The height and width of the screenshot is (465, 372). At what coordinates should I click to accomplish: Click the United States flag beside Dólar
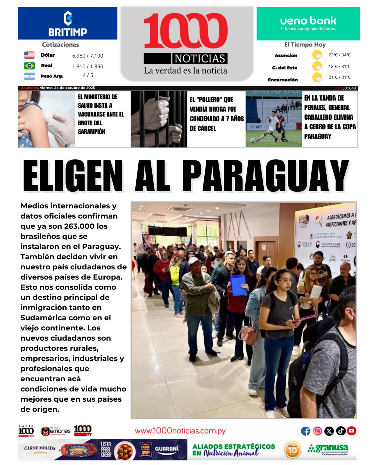pyautogui.click(x=29, y=55)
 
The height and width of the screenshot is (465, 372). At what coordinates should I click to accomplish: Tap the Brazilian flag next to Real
pyautogui.click(x=29, y=66)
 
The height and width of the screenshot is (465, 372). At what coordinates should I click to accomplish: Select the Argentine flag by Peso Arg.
pyautogui.click(x=29, y=76)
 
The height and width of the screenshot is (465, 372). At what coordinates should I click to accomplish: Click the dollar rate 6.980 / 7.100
pyautogui.click(x=87, y=56)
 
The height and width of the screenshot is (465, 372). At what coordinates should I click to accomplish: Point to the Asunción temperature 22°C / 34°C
pyautogui.click(x=339, y=55)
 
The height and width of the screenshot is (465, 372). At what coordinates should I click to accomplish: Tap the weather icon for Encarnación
pyautogui.click(x=317, y=78)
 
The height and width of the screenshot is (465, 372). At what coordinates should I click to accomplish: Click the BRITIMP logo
pyautogui.click(x=67, y=24)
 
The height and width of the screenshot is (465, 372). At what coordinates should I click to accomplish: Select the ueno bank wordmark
pyautogui.click(x=308, y=21)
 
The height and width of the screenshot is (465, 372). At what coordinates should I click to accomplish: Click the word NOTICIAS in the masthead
pyautogui.click(x=200, y=58)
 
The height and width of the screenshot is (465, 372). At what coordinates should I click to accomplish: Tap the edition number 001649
pyautogui.click(x=349, y=88)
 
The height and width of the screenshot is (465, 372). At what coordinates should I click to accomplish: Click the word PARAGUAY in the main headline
pyautogui.click(x=265, y=176)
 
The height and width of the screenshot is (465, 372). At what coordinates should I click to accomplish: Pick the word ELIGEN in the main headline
pyautogui.click(x=73, y=176)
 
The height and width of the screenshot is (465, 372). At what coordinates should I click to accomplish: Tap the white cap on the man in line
pyautogui.click(x=194, y=260)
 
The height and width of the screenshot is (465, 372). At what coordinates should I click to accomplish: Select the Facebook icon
pyautogui.click(x=305, y=431)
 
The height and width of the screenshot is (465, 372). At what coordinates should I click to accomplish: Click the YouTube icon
pyautogui.click(x=351, y=431)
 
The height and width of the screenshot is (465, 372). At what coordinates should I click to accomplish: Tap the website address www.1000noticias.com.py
pyautogui.click(x=180, y=431)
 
